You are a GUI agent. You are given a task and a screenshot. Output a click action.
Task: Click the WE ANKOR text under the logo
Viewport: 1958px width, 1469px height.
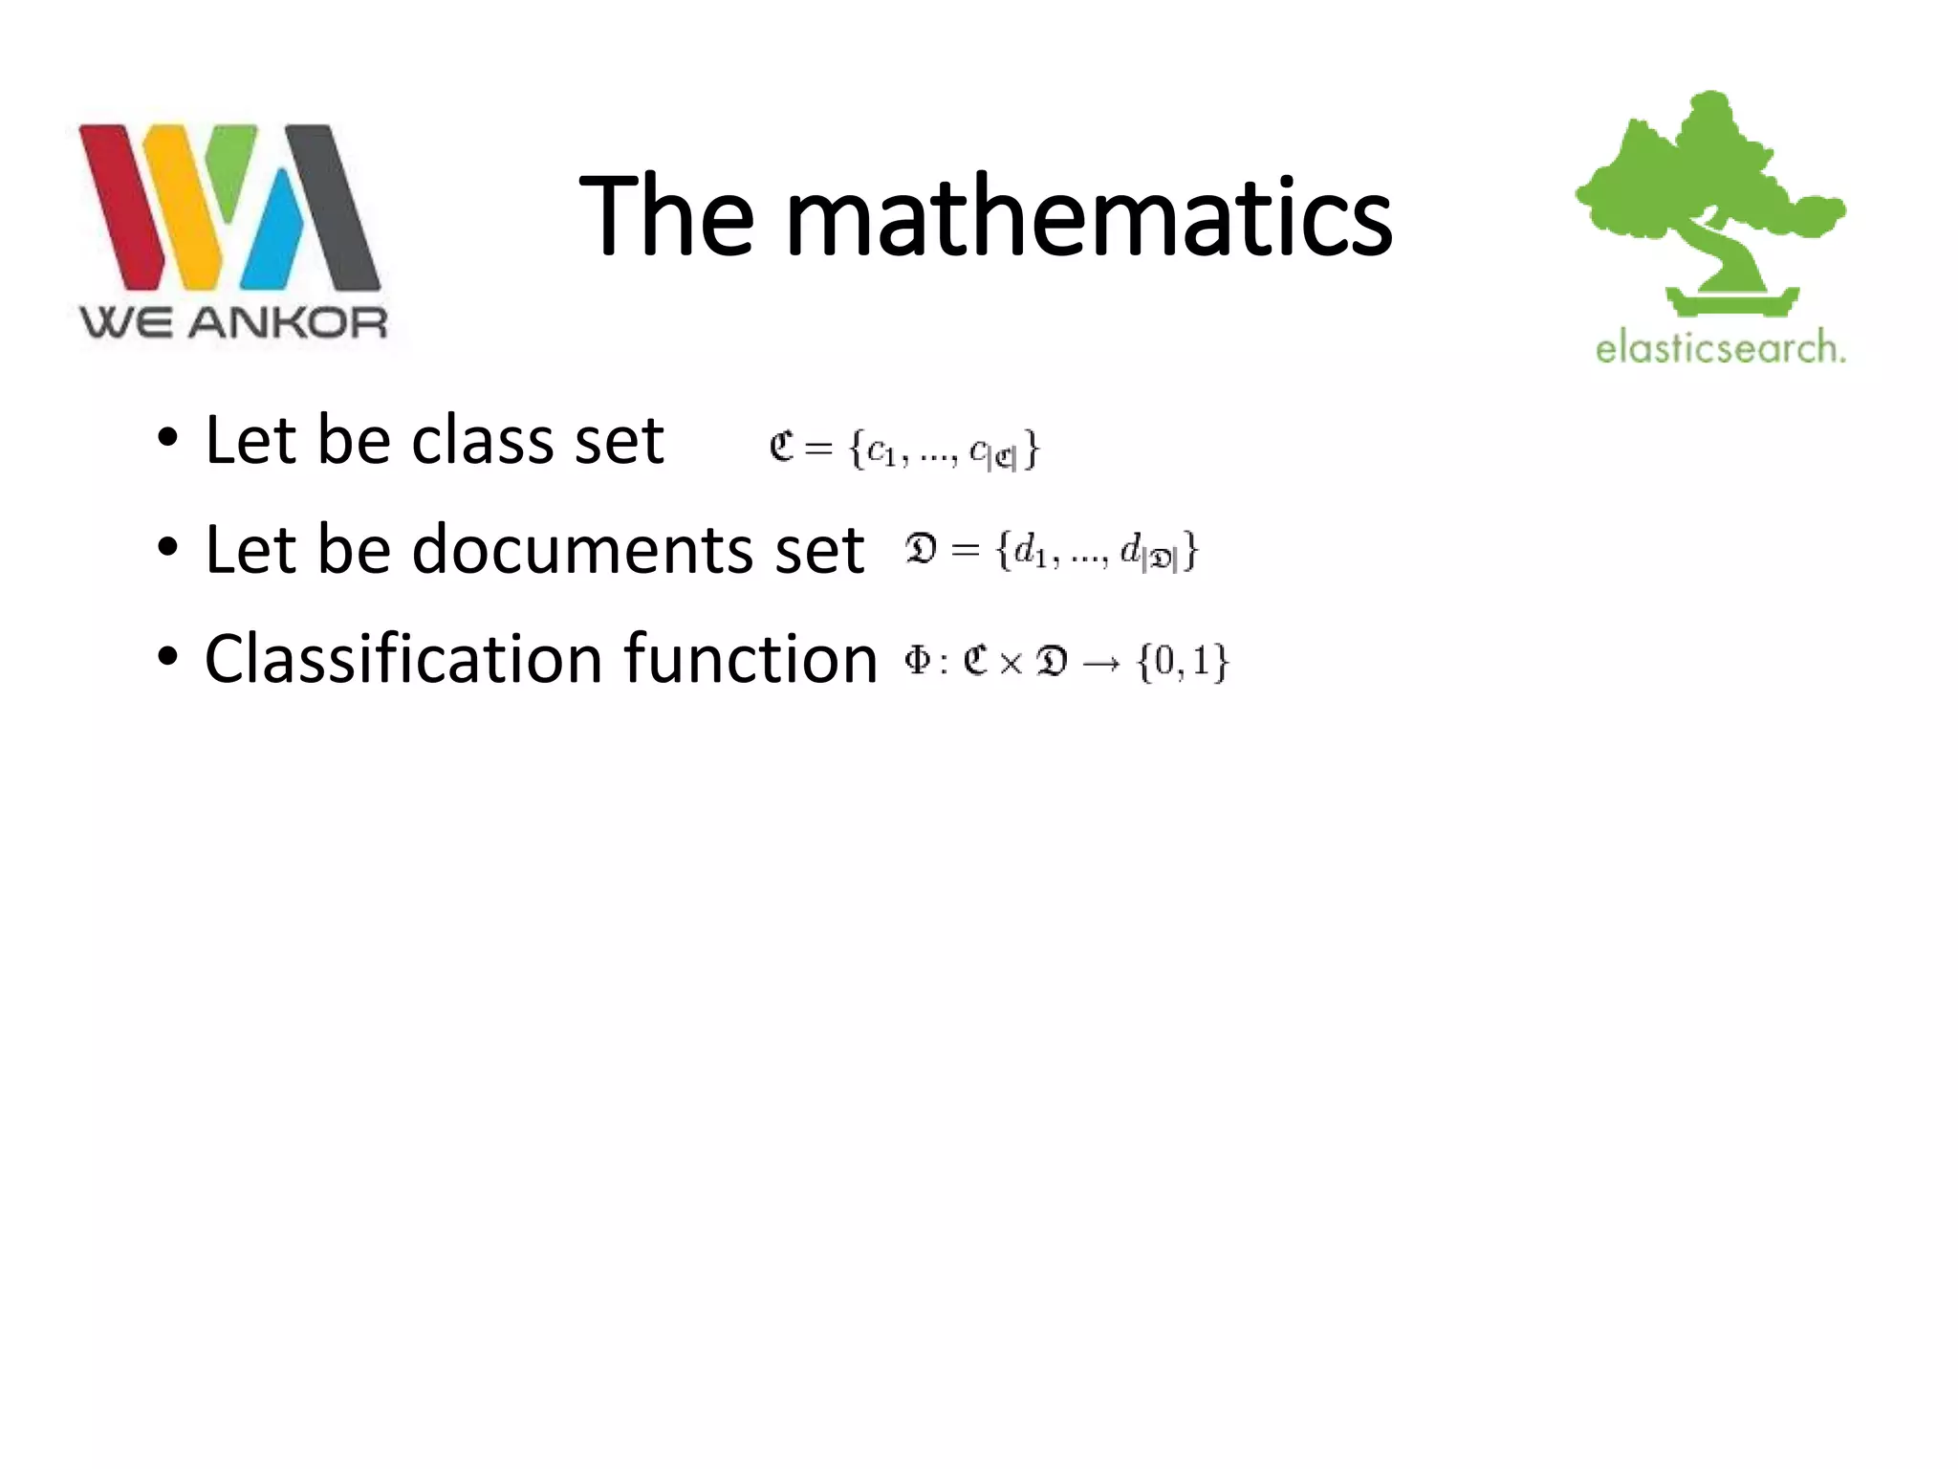coord(233,323)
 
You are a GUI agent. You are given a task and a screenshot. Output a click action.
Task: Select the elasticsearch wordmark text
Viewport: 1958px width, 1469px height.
coord(1719,346)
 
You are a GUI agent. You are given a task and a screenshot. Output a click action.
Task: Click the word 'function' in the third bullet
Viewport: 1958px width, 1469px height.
coord(751,659)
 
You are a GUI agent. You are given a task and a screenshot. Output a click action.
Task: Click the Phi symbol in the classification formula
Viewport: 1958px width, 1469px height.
coord(917,660)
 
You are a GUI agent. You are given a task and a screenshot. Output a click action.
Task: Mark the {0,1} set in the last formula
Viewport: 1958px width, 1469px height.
coord(1183,662)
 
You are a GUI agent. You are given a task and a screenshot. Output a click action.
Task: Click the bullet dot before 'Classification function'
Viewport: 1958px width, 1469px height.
coord(168,657)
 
